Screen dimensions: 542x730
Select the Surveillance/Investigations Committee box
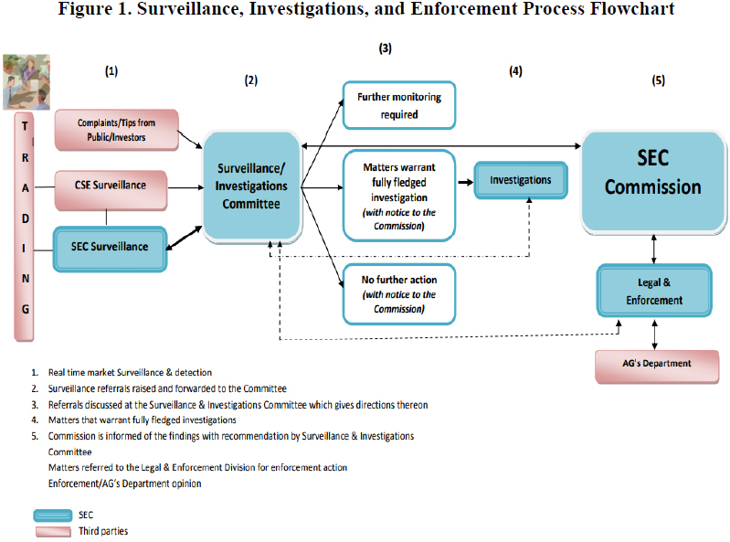point(250,186)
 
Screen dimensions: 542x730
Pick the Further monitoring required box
point(399,104)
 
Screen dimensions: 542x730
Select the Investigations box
point(521,180)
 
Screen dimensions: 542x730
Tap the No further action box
point(399,293)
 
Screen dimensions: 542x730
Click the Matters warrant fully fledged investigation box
point(399,195)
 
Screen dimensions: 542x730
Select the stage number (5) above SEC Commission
point(658,80)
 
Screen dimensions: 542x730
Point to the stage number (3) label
point(386,47)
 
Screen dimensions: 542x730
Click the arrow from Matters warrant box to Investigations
point(464,182)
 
